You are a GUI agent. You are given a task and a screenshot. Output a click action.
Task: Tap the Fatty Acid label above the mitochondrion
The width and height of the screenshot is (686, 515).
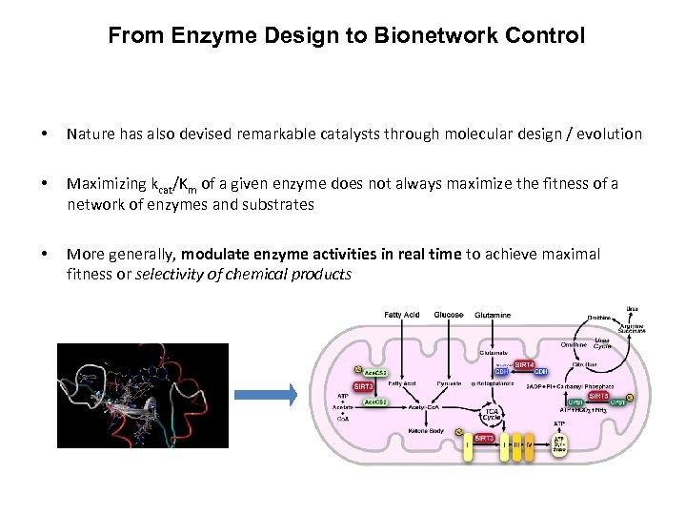401,315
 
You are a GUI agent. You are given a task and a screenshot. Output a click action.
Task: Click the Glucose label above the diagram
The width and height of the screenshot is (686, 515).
449,315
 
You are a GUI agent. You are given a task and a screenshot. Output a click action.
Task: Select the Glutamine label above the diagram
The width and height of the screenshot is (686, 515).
492,315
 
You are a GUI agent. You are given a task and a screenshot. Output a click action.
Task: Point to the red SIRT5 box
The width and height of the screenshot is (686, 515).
598,396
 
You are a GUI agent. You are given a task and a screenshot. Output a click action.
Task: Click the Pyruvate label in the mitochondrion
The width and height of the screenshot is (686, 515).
448,383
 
